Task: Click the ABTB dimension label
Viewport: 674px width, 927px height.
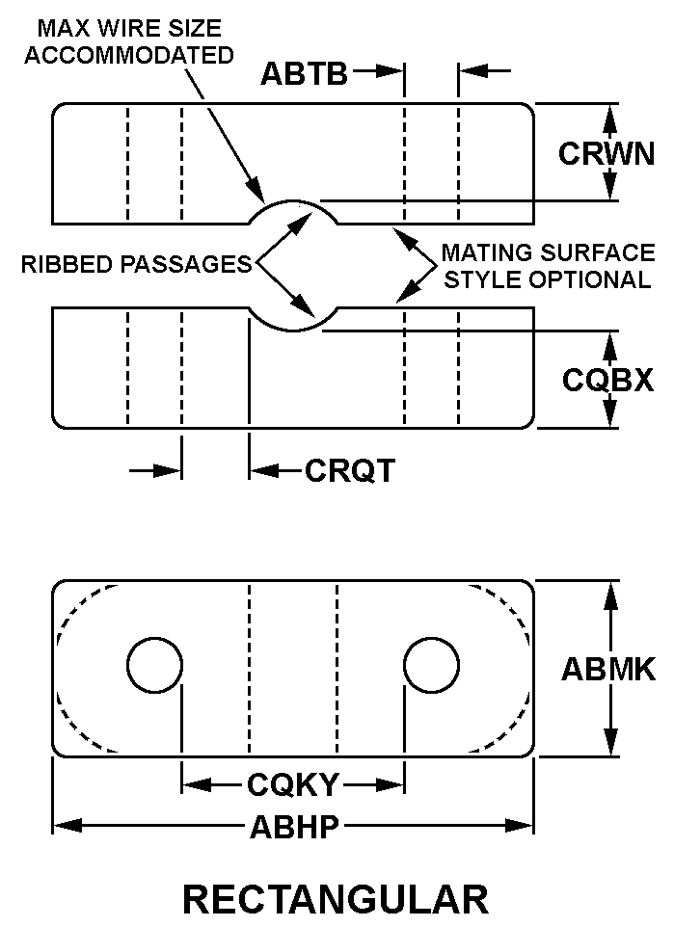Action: (304, 74)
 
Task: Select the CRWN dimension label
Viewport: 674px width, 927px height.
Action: (607, 154)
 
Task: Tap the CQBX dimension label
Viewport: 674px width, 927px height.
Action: (607, 380)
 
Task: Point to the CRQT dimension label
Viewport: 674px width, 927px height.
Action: (350, 471)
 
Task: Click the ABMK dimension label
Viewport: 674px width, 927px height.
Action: (608, 670)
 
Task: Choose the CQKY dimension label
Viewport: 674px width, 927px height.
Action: (292, 785)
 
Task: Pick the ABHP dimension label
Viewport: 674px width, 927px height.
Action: (294, 827)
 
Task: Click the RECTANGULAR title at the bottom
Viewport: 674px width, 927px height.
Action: (336, 900)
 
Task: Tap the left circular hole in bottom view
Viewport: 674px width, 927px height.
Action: (154, 665)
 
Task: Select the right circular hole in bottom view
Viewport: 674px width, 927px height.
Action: (431, 665)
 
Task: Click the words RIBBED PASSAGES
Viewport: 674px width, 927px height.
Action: (137, 264)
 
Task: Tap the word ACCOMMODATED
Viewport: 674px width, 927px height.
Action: (129, 55)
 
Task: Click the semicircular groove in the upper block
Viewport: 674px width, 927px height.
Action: (293, 211)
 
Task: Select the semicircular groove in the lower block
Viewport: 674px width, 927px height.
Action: (293, 320)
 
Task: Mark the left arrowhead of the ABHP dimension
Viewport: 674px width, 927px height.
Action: (67, 826)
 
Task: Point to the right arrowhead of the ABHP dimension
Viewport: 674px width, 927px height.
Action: (520, 826)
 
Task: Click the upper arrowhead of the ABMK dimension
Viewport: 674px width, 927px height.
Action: (610, 595)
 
